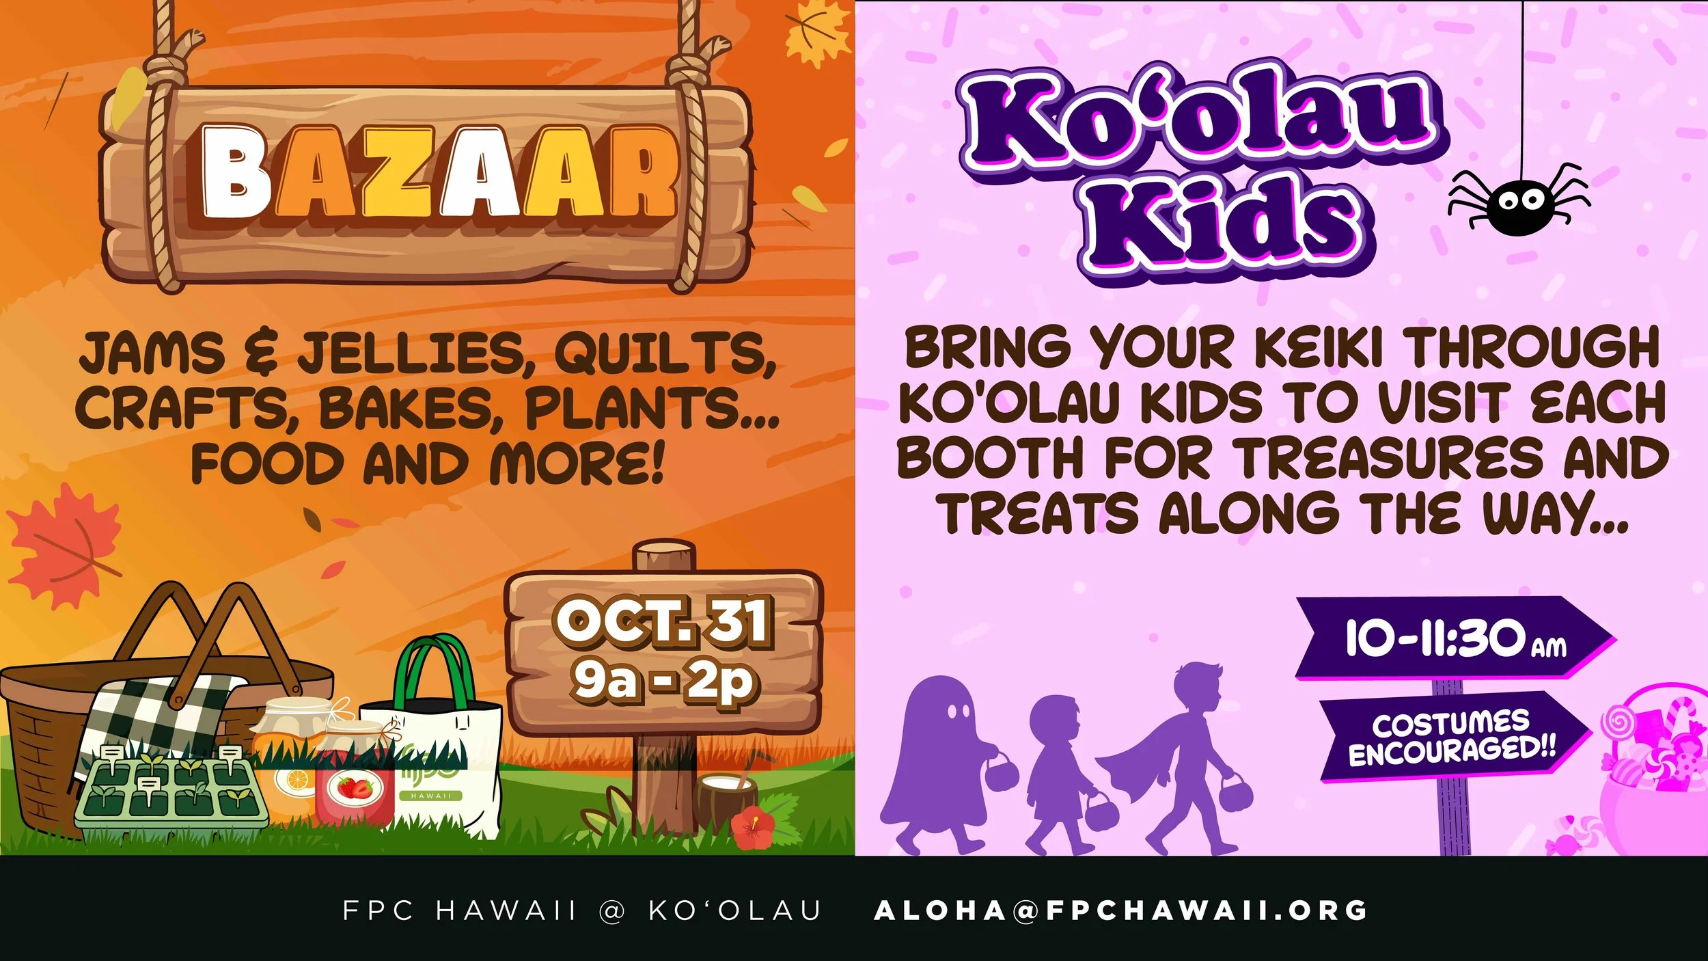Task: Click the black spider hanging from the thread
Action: tap(1518, 202)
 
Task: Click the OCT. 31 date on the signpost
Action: tap(663, 622)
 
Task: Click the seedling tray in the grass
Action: tap(171, 789)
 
